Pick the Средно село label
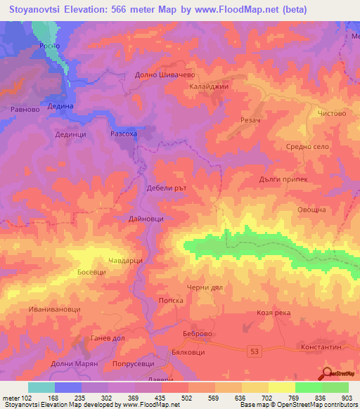[307, 146]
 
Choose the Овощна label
[309, 209]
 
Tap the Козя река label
[274, 313]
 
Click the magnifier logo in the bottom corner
[327, 372]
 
